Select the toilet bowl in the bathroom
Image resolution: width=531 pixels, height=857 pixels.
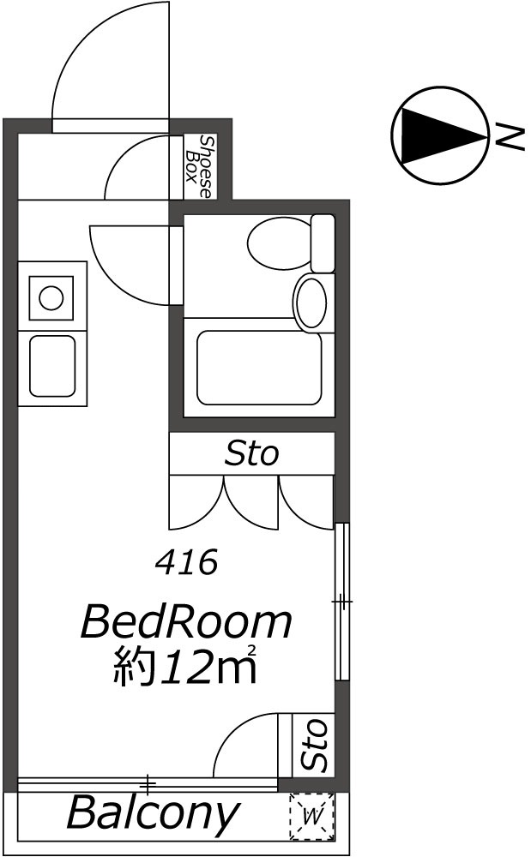click(x=277, y=245)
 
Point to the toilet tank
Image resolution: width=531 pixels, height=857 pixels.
click(x=323, y=243)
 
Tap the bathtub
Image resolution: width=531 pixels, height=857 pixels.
click(x=259, y=368)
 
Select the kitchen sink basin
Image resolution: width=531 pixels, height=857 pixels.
click(x=52, y=366)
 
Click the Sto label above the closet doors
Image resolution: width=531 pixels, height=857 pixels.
click(x=251, y=452)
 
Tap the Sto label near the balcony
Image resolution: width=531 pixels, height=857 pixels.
click(x=316, y=744)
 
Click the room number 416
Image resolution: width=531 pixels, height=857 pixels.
click(x=185, y=563)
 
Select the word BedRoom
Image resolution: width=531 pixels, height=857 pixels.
click(x=186, y=622)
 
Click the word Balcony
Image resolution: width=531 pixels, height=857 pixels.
click(x=152, y=813)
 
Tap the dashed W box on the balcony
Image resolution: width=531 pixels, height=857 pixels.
click(x=312, y=815)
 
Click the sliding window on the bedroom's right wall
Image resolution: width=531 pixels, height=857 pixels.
click(x=341, y=602)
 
